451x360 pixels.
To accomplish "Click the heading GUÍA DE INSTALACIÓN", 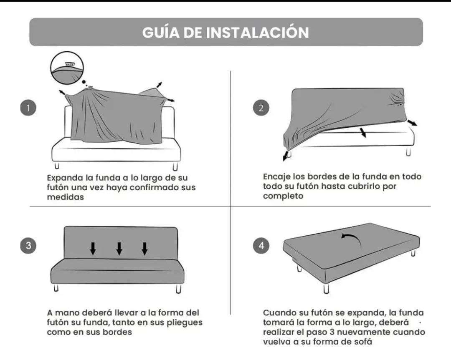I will click(x=225, y=32).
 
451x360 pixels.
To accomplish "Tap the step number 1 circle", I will click(x=28, y=108).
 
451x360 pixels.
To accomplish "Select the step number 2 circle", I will click(x=261, y=108).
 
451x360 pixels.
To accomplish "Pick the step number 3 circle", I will click(x=28, y=245).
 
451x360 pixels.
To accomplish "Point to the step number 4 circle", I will click(x=261, y=245).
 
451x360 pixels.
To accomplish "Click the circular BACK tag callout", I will click(x=67, y=67).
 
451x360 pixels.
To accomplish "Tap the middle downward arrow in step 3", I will click(x=119, y=249).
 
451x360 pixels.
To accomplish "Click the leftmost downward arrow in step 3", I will click(x=93, y=249).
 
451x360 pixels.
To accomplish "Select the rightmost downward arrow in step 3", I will click(x=144, y=249).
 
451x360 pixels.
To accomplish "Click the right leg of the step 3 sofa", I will click(x=179, y=289).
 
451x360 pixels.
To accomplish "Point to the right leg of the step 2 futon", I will click(x=408, y=152).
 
